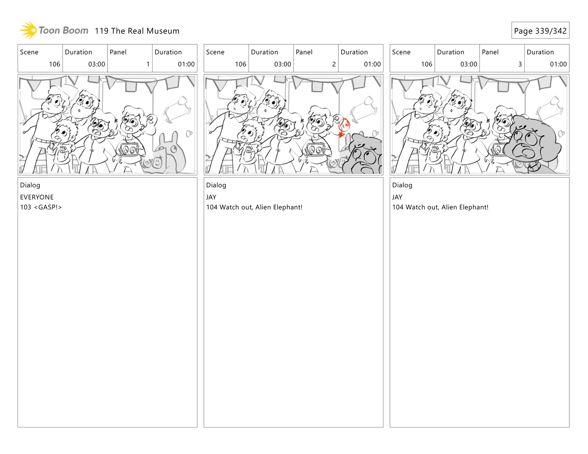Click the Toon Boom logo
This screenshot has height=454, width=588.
[54, 30]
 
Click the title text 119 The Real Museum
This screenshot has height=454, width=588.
[137, 31]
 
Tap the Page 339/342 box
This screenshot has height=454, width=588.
[540, 30]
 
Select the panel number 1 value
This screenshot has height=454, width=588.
[148, 64]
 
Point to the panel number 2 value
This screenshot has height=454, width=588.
[334, 64]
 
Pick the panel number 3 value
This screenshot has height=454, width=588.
[520, 64]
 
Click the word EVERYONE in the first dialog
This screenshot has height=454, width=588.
[37, 197]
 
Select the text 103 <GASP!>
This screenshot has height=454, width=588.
[41, 207]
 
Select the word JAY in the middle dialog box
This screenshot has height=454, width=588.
[211, 197]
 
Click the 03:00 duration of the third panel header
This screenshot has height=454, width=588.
[469, 64]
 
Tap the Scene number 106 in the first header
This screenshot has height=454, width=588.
[55, 64]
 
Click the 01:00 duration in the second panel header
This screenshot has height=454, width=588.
[372, 64]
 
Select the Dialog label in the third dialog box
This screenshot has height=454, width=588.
[402, 185]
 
